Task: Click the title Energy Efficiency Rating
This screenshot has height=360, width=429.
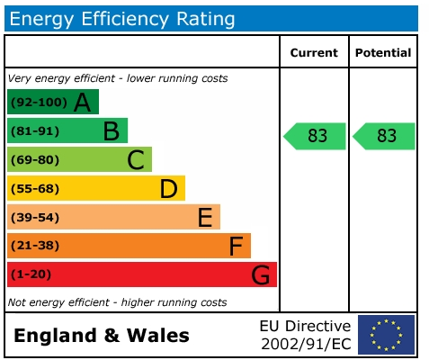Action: point(123,18)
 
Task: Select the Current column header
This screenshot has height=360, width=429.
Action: point(314,53)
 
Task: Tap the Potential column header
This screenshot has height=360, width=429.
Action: point(383,53)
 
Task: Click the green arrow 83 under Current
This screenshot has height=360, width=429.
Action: point(316,136)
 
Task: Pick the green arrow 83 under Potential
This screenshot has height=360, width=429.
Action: point(385,136)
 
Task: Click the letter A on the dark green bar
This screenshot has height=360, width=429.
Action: point(83,103)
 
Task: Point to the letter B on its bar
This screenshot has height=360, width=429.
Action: point(112,131)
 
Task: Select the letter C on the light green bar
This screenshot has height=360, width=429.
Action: point(136,160)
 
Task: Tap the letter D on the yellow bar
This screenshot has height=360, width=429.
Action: point(168,189)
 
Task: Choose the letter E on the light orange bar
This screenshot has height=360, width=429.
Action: point(204,217)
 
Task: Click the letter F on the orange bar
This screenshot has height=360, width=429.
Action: point(236,246)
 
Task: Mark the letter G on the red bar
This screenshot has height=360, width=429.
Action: point(261,274)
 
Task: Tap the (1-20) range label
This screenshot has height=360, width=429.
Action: point(31,274)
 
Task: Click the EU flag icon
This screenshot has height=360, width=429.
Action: point(386,334)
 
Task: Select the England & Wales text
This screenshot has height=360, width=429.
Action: point(102,336)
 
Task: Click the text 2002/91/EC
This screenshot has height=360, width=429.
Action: point(305,344)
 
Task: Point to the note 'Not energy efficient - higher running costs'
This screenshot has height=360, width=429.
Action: point(117,302)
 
